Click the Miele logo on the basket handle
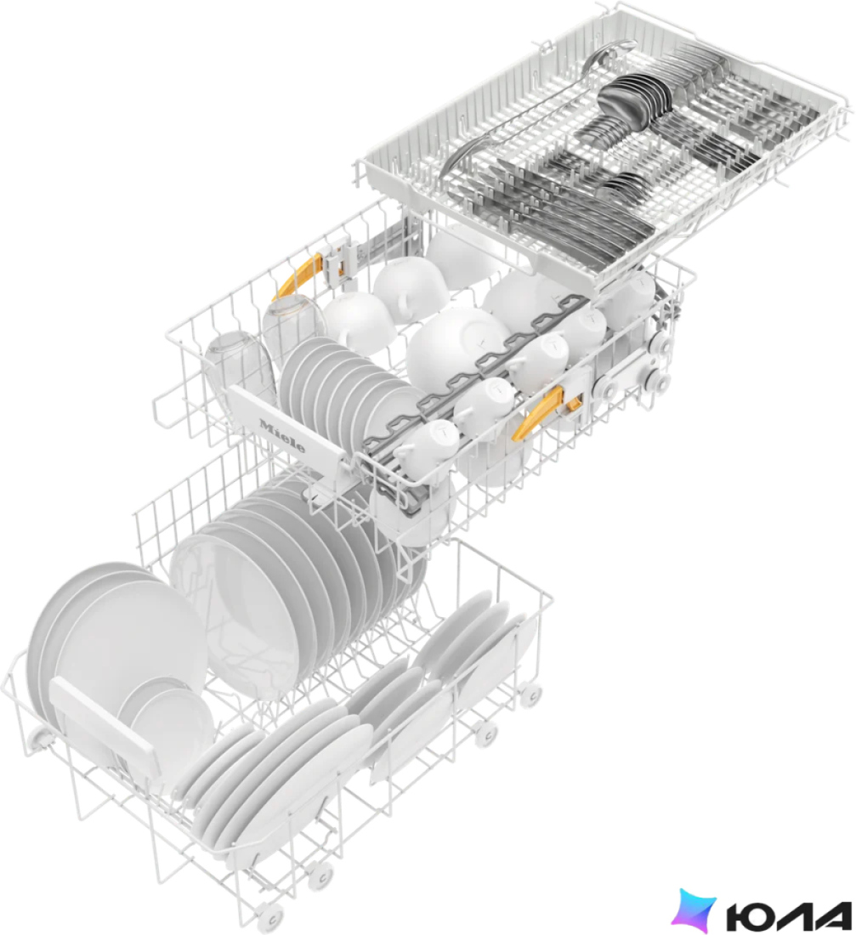pos(282,436)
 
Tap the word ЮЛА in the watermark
pos(789,918)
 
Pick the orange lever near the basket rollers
pos(546,411)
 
